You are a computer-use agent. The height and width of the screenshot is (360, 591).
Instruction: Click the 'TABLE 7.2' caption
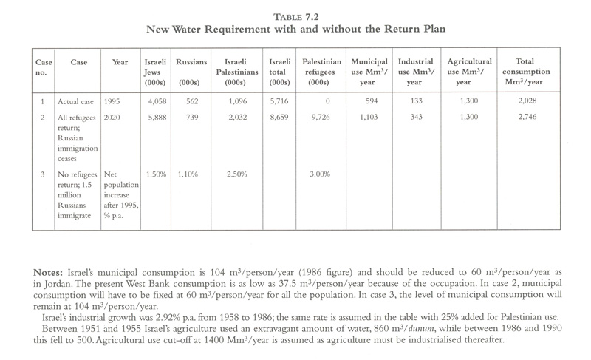296,17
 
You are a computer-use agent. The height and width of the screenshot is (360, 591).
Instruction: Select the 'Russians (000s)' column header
191,72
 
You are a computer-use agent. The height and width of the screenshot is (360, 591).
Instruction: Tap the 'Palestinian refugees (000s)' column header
321,72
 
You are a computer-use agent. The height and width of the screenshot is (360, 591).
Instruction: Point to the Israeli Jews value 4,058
157,101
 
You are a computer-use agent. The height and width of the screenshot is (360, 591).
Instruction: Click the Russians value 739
192,118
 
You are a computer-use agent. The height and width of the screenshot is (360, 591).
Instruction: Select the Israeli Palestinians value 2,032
237,118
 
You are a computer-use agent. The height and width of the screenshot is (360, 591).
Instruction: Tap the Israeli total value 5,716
279,101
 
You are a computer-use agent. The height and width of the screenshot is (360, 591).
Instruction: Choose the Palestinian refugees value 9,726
321,118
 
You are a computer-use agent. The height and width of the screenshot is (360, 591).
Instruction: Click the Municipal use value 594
372,101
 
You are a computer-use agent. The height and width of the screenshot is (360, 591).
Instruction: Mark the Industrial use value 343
416,117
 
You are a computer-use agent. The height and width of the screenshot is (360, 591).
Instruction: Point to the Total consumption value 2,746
527,117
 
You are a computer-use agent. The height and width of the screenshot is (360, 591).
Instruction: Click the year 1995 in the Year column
112,101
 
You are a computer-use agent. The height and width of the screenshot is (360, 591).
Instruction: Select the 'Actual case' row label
75,102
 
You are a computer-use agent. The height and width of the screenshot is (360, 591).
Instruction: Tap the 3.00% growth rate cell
320,174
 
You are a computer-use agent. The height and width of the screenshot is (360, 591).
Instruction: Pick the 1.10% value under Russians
188,174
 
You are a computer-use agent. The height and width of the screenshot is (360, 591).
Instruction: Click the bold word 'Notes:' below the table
48,272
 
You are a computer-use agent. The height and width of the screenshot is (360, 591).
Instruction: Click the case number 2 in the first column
43,118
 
